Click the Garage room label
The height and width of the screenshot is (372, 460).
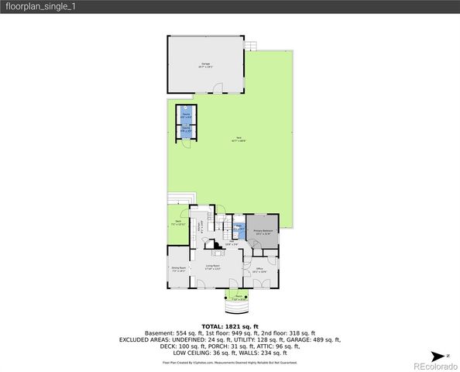coord(206,64)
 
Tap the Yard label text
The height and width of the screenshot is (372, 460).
coord(241,140)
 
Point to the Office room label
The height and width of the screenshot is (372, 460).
coord(259,270)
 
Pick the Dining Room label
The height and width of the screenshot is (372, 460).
coord(177,270)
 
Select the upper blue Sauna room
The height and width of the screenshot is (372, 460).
coord(186,114)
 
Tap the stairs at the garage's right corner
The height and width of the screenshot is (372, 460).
coord(250,46)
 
